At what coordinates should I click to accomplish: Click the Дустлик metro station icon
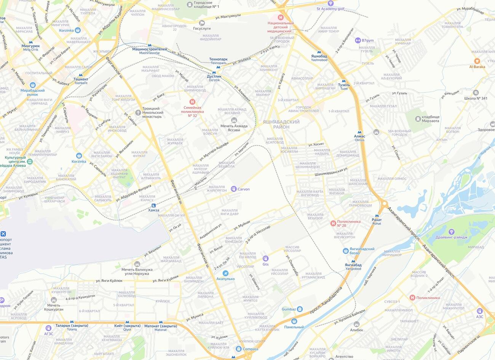[x=214, y=72]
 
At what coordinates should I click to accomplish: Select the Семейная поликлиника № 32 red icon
[x=192, y=102]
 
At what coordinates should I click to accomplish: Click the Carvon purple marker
[x=233, y=189]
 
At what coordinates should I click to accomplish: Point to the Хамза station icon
[x=153, y=205]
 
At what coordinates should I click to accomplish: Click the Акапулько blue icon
[x=225, y=273]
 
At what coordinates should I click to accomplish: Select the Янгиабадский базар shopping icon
[x=346, y=251]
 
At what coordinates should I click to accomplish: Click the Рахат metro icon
[x=377, y=215]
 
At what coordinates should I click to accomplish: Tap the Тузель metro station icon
[x=344, y=81]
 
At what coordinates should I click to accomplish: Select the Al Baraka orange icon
[x=477, y=61]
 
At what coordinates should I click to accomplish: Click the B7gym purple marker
[x=358, y=40]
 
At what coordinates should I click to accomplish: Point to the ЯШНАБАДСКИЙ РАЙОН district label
[x=281, y=124]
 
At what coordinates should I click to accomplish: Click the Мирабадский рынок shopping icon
[x=33, y=85]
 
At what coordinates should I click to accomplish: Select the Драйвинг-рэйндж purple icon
[x=452, y=231]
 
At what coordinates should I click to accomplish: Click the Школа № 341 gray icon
[x=476, y=93]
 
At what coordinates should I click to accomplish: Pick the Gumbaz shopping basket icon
[x=300, y=309]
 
